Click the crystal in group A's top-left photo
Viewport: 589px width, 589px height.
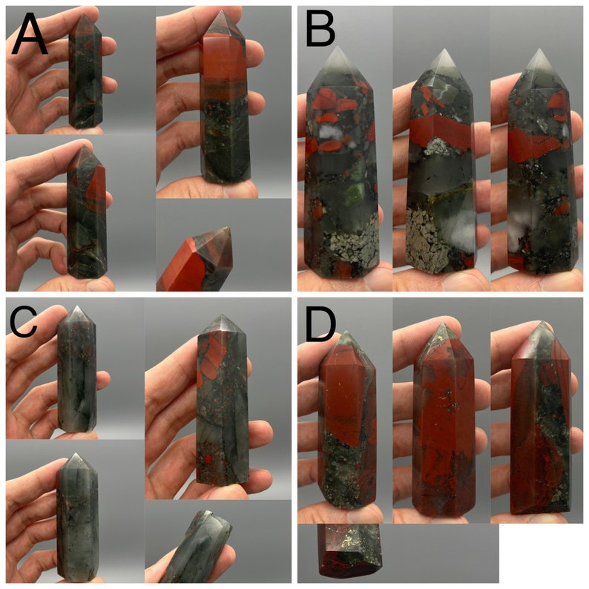(x=85, y=74)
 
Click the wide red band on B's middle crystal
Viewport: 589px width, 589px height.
(x=441, y=134)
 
